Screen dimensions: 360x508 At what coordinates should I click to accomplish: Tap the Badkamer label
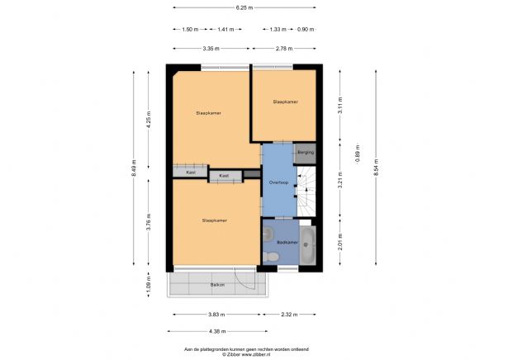287,242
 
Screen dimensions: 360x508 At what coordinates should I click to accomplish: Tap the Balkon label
217,284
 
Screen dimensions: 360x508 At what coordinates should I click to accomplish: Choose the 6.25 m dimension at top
243,7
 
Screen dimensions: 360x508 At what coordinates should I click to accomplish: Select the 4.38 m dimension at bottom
216,332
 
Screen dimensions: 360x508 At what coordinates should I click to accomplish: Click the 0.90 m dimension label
306,29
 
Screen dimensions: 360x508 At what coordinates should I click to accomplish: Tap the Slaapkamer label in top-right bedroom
285,102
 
